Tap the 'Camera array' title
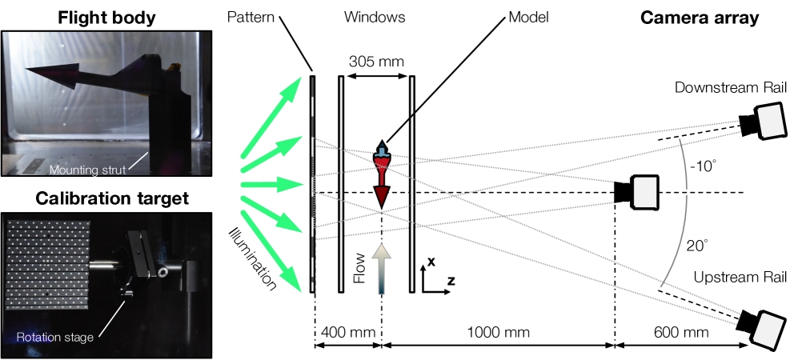pos(700,18)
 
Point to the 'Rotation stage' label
pos(54,337)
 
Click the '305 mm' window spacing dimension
pos(376,60)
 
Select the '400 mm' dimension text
pos(346,330)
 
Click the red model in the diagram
pos(383,174)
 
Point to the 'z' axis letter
pos(451,281)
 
